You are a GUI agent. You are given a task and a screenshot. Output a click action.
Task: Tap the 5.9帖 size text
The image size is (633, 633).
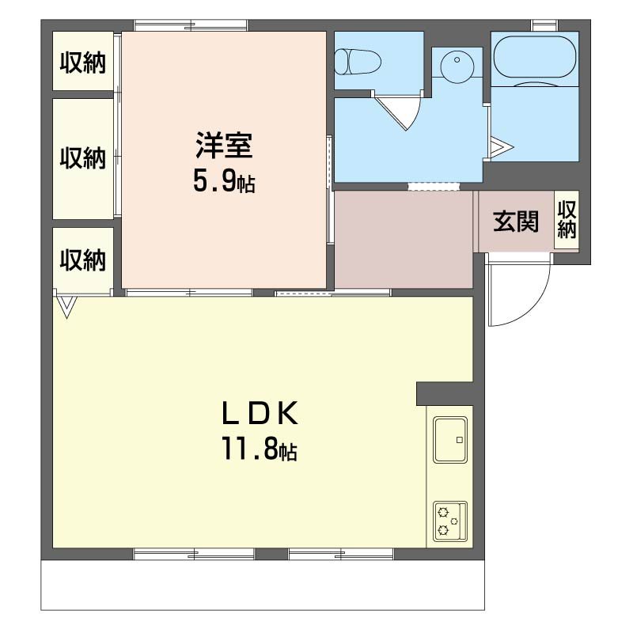(x=223, y=183)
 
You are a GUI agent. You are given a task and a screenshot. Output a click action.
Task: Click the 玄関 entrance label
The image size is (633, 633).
(x=516, y=222)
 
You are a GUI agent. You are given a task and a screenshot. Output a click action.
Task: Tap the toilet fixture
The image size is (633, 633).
(x=357, y=60)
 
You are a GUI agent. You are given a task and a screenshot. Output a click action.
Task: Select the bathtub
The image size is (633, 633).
(x=534, y=56)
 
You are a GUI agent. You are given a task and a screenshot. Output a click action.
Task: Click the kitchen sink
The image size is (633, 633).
(x=449, y=439)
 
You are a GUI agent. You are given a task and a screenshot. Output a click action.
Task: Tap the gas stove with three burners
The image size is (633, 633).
(x=449, y=521)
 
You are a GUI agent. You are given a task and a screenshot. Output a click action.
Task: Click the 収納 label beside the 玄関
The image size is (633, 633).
(x=567, y=219)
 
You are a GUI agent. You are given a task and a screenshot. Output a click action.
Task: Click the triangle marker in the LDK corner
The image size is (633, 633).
(x=66, y=306)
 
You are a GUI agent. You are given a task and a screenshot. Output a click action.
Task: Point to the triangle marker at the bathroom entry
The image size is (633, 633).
(x=500, y=147)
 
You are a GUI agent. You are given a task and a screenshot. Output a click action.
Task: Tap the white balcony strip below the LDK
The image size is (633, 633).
(x=261, y=586)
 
